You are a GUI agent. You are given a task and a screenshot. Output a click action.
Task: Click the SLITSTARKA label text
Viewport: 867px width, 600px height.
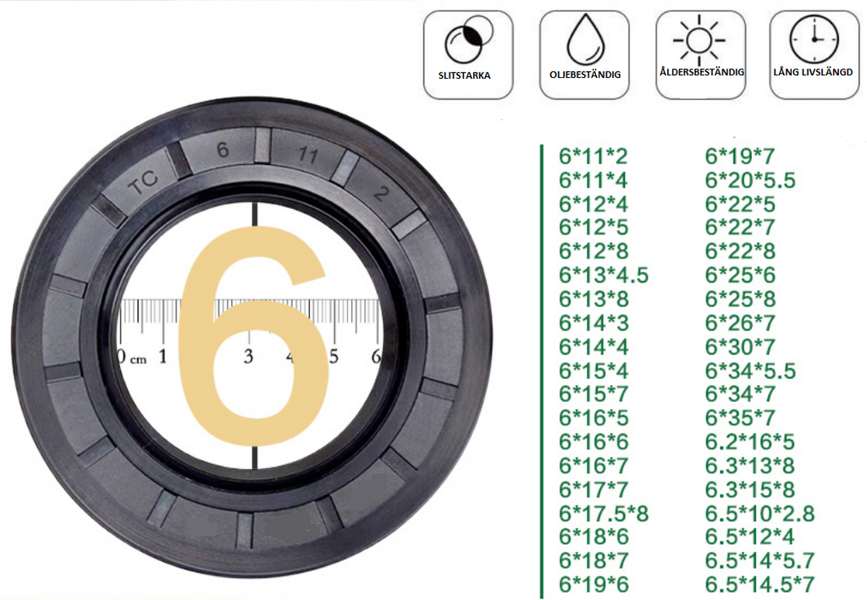point(464,75)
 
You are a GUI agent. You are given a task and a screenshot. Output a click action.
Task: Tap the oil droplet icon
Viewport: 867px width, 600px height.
point(586,39)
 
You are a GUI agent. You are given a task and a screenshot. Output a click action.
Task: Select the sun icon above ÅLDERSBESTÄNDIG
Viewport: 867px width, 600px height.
point(699,40)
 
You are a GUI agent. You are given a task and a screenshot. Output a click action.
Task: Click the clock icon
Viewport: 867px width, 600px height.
point(814,39)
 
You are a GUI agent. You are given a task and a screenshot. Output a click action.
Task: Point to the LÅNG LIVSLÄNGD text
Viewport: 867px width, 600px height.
point(813,73)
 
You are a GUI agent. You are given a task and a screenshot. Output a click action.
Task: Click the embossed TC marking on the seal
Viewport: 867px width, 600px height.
point(142,182)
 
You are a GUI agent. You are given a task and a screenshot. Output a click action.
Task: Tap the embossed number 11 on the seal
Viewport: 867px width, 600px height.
point(308,155)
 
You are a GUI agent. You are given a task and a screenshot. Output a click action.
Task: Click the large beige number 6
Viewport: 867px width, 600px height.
point(253,336)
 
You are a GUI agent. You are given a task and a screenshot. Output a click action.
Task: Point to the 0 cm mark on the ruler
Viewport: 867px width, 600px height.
point(131,357)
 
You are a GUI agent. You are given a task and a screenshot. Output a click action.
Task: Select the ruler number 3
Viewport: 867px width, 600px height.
point(248,357)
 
